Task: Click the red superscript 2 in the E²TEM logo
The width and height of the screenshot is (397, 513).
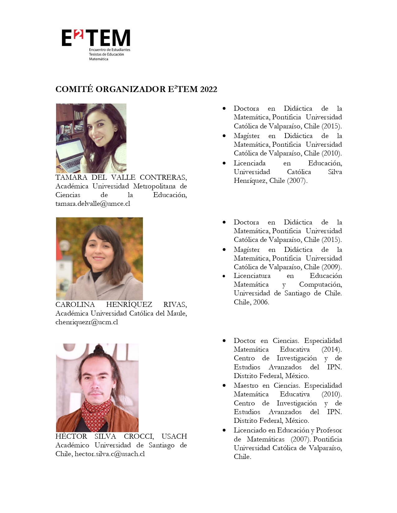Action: (79, 35)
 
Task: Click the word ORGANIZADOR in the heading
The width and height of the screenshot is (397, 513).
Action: (130, 89)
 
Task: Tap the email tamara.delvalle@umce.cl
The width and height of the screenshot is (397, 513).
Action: (92, 204)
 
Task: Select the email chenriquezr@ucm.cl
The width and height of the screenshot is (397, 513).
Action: (87, 322)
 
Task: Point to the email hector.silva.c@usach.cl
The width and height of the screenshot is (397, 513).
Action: (110, 454)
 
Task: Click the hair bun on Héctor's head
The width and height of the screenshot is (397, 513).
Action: (98, 349)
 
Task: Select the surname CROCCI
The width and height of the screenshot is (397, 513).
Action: (139, 436)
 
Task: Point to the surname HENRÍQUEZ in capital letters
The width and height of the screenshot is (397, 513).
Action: (129, 304)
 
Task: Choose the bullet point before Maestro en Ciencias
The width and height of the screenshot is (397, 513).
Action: (224, 386)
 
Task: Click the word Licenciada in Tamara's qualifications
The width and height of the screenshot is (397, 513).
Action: (249, 163)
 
